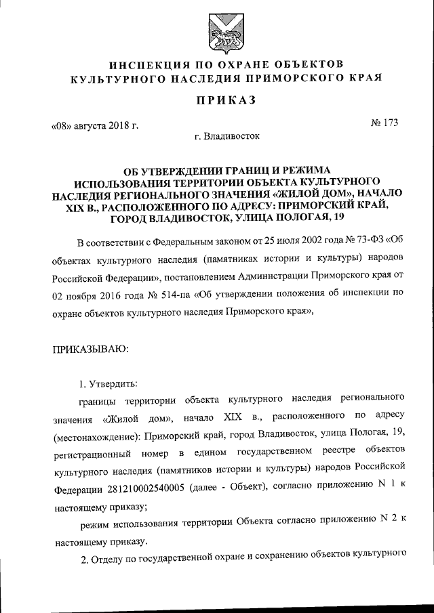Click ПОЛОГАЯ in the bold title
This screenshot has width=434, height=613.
coord(292,218)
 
